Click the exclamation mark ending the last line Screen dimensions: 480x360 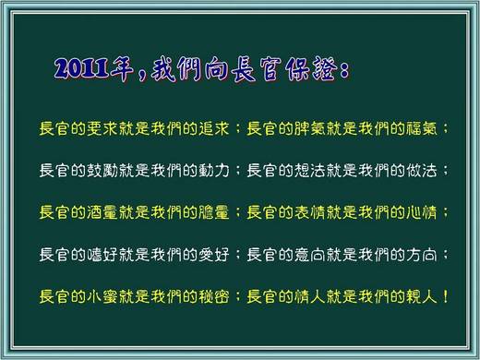coord(446,296)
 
